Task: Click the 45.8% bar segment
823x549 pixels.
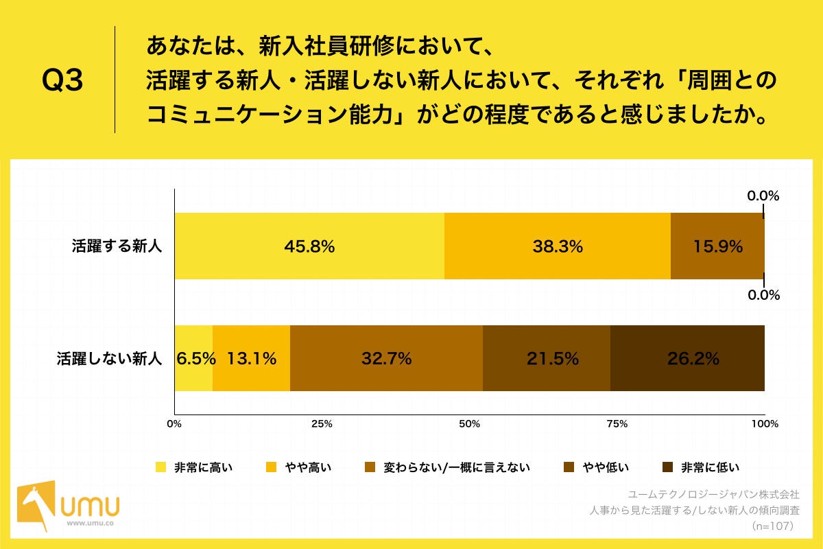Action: coord(309,246)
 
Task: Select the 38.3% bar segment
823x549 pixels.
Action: coord(558,246)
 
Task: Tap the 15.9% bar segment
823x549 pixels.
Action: coord(717,246)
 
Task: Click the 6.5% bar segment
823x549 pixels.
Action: coord(194,358)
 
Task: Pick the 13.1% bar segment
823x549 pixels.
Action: coord(251,358)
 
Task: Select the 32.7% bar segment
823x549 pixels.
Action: coord(386,358)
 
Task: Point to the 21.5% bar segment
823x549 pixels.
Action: coord(546,358)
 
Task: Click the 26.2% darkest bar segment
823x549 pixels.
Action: coord(687,358)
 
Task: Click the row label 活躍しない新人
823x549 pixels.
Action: coord(109,358)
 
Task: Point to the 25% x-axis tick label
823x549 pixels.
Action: coord(322,424)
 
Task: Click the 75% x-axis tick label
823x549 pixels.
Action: coord(617,424)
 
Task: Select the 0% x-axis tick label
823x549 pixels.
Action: coord(175,424)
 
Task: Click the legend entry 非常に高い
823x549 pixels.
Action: coord(195,468)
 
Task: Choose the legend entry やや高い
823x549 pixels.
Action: coord(299,468)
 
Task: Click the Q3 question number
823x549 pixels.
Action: coord(62,81)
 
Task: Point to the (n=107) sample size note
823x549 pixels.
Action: coord(772,526)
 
